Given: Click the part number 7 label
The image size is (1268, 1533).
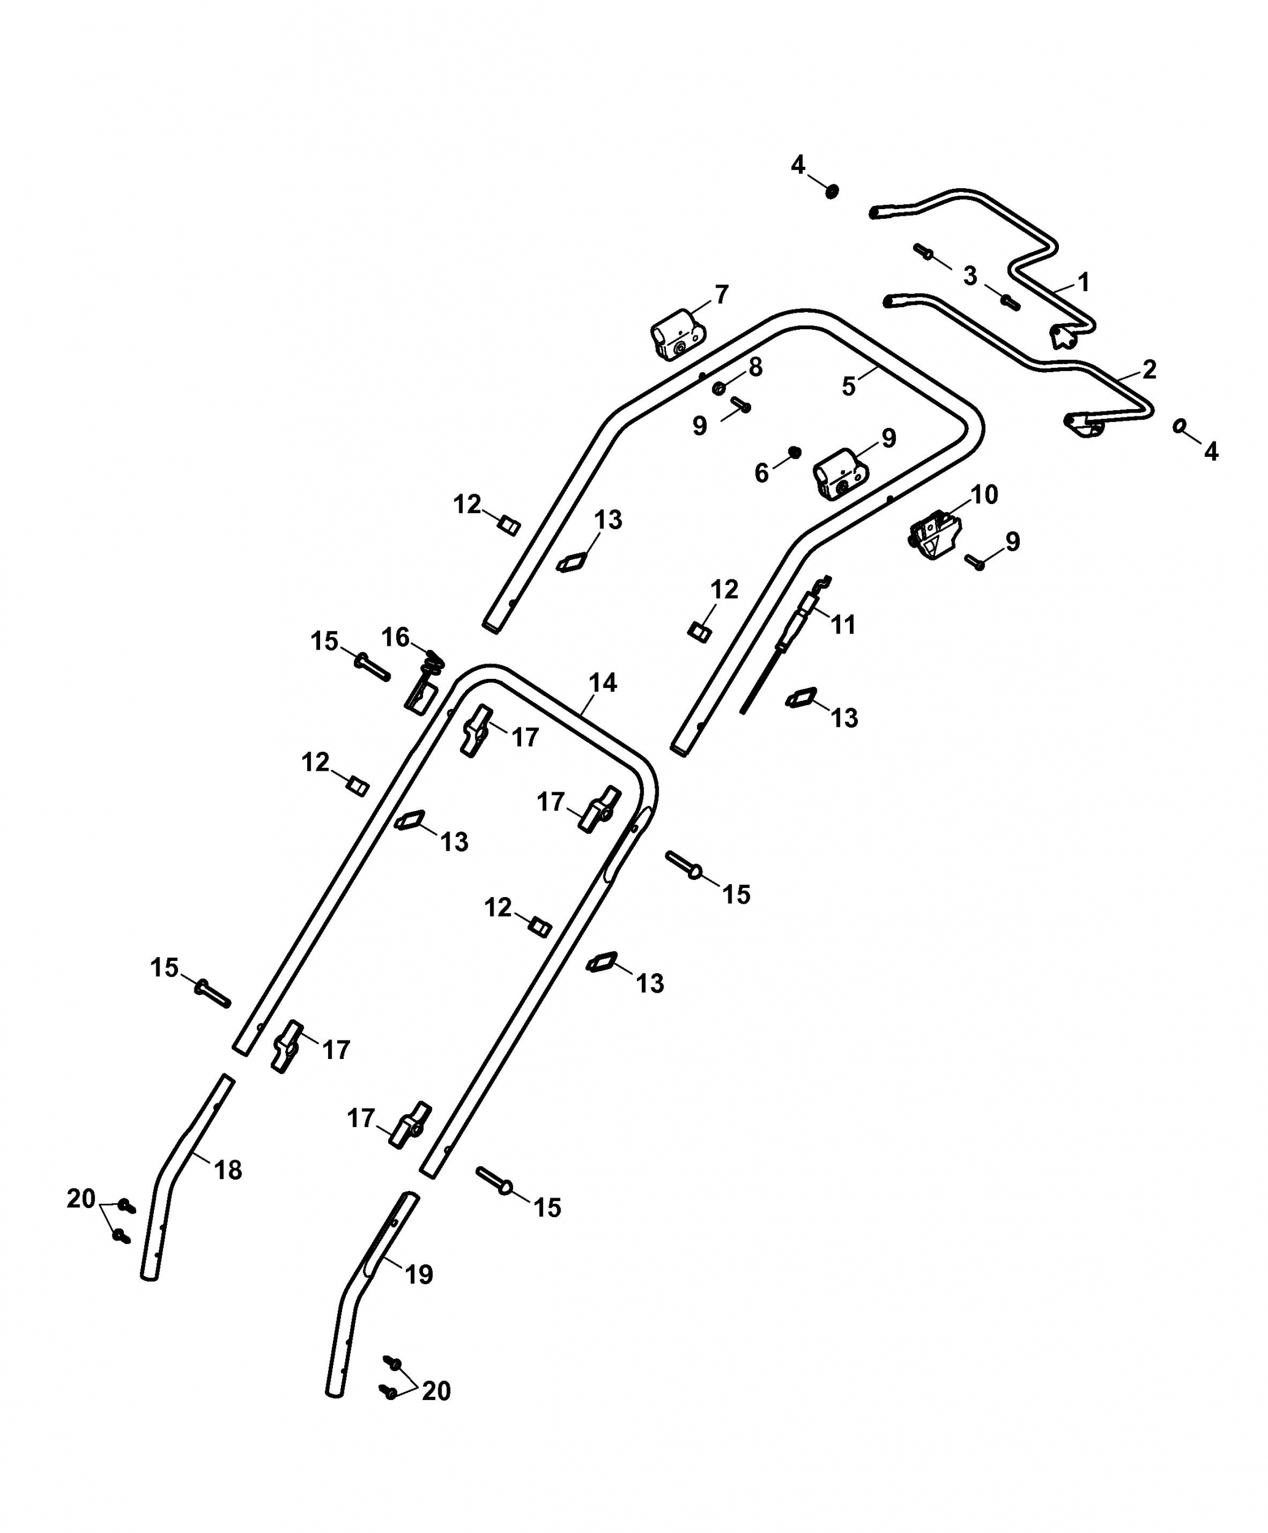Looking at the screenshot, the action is point(721,295).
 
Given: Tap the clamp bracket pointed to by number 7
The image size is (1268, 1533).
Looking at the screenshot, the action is point(678,334).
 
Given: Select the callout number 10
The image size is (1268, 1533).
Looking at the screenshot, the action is point(984,495).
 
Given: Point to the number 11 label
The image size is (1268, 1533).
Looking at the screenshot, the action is point(843,625).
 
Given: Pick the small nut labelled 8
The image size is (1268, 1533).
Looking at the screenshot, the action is point(719,387).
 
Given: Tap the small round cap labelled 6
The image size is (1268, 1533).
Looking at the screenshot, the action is point(795,453).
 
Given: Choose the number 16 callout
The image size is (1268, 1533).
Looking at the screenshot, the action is point(395,637).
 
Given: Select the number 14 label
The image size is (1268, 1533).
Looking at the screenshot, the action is point(603,683).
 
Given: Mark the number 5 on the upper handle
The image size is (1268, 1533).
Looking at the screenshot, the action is point(847,386).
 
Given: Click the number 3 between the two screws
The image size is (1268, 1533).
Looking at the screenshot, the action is point(970,276).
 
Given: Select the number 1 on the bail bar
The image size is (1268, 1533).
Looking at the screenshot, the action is point(1083,282).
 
